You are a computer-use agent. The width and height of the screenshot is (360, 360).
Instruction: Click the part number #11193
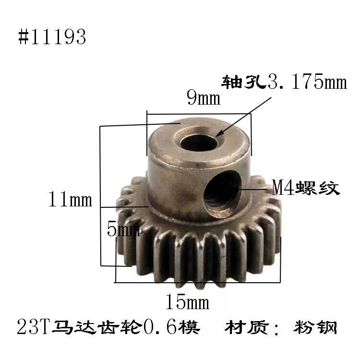(x=52, y=37)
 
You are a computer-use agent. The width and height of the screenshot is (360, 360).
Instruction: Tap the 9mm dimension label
(x=204, y=97)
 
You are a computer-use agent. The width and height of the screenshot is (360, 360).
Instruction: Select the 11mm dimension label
(x=70, y=199)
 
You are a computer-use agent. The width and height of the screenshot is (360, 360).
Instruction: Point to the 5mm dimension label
(x=123, y=229)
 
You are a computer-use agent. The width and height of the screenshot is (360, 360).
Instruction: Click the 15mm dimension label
(x=187, y=302)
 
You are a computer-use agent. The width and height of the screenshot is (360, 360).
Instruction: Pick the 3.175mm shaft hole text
(x=307, y=82)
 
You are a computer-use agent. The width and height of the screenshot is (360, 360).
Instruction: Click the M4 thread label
(x=306, y=188)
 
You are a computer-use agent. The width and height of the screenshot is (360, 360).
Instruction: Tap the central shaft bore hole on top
(x=199, y=143)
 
